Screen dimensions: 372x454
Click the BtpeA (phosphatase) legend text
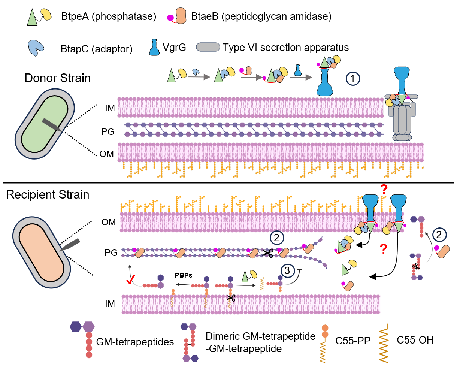pyautogui.click(x=109, y=17)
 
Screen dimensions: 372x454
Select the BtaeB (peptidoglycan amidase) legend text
pyautogui.click(x=261, y=17)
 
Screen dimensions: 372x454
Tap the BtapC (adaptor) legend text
pyautogui.click(x=97, y=49)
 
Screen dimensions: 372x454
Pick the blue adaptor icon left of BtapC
pyautogui.click(x=36, y=48)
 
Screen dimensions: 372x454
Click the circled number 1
pyautogui.click(x=353, y=78)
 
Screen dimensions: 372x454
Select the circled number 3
pyautogui.click(x=287, y=270)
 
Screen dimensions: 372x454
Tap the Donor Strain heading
pyautogui.click(x=58, y=78)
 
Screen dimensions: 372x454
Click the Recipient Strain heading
pyautogui.click(x=48, y=195)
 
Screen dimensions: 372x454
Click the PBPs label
pyautogui.click(x=184, y=275)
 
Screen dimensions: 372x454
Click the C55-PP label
pyautogui.click(x=353, y=341)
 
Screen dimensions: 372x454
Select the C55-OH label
pyautogui.click(x=415, y=340)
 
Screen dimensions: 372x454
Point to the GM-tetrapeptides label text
pyautogui.click(x=135, y=342)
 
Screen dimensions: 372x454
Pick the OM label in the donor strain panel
pyautogui.click(x=107, y=154)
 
